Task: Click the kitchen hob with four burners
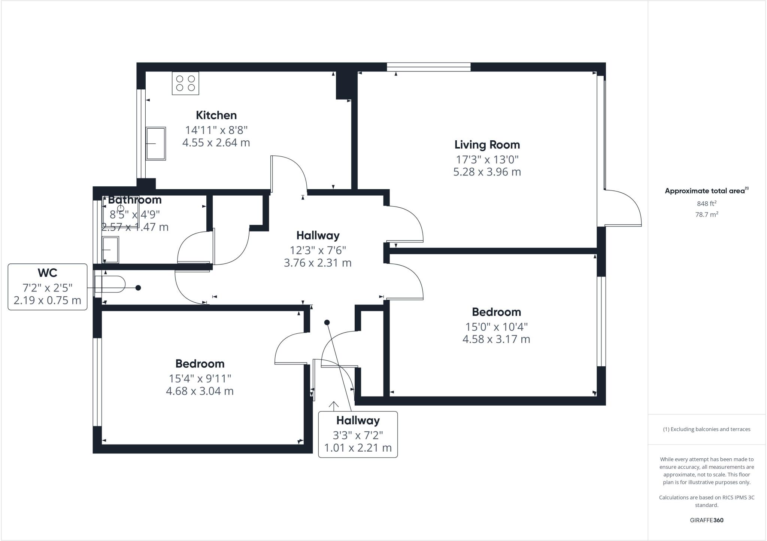[x=185, y=83]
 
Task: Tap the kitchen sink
[x=155, y=144]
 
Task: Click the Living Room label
[x=487, y=145]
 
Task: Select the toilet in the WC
[x=109, y=284]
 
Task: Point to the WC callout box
[x=48, y=287]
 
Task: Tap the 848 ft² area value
[x=706, y=204]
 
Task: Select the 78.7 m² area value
[x=706, y=214]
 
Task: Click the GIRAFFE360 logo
[x=706, y=520]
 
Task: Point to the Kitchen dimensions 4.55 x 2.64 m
[x=216, y=143]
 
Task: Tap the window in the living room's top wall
[x=428, y=67]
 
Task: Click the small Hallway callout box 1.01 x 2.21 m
[x=358, y=434]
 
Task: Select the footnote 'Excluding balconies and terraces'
[x=706, y=429]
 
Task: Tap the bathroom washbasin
[x=110, y=250]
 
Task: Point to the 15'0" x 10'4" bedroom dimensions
[x=496, y=327]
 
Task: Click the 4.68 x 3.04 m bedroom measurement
[x=200, y=391]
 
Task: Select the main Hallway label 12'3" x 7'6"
[x=318, y=250]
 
